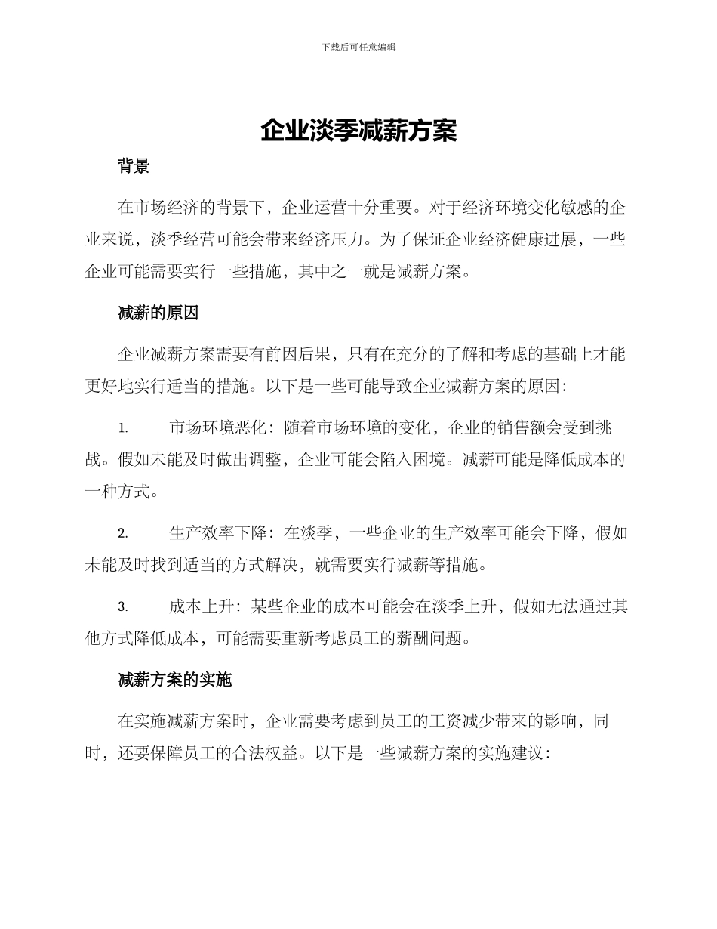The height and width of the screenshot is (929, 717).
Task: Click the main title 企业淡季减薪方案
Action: tap(358, 131)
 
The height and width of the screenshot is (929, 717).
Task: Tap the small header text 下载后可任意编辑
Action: tap(358, 47)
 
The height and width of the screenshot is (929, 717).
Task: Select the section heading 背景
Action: tap(134, 167)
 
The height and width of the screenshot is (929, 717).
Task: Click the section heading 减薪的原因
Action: tap(158, 314)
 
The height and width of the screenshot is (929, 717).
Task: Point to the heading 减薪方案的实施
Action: tap(174, 680)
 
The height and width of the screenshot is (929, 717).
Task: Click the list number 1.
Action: tap(122, 428)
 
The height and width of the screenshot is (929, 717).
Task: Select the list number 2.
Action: tap(122, 534)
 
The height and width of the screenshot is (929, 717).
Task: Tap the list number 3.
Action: tap(122, 607)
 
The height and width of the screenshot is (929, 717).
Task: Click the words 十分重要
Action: tap(381, 208)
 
